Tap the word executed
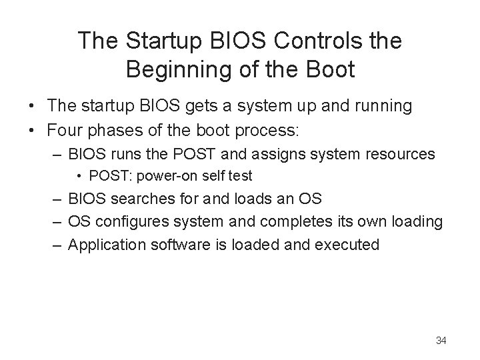pos(347,245)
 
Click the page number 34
pos(441,341)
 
